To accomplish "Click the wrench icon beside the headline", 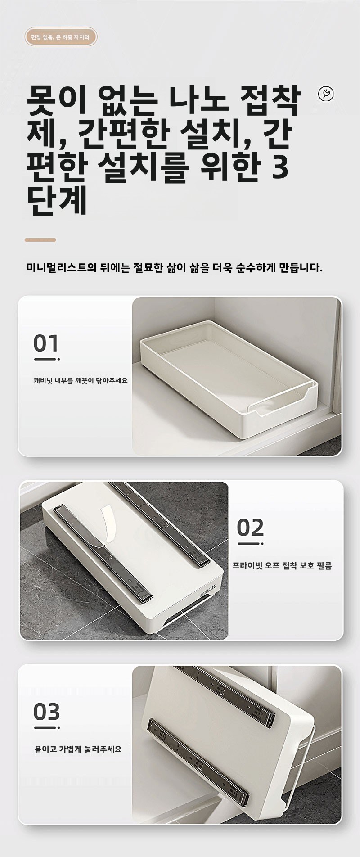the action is coord(326,94).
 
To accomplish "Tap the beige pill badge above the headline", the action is coord(61,37).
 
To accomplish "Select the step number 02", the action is coord(250,528).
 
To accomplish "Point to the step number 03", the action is coord(47,712).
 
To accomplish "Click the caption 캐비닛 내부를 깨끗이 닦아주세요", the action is coord(81,381).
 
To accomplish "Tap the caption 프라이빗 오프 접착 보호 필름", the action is coord(282,566).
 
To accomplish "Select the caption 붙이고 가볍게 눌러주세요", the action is coord(78,749).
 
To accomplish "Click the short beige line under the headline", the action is coord(40,240).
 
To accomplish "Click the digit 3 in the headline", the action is coord(280,167).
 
